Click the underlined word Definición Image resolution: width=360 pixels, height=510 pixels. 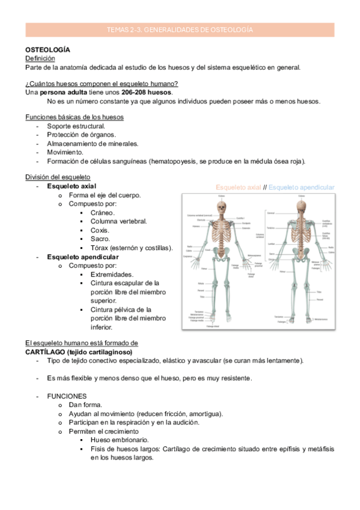coord(40,58)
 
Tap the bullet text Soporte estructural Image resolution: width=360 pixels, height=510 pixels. coord(76,126)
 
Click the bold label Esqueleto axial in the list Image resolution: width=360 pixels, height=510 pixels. coord(72,187)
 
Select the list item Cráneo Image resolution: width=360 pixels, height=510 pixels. coord(103,213)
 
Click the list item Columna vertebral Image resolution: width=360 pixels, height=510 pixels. coord(118,221)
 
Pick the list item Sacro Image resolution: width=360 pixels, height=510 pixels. coord(100,239)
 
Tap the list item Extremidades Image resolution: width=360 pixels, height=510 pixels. coord(112,274)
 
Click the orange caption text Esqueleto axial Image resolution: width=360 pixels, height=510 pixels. coord(238,188)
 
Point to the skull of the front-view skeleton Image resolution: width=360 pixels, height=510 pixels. coord(223,207)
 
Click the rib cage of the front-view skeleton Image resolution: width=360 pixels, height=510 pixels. coord(223,232)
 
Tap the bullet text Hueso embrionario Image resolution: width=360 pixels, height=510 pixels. coord(120,440)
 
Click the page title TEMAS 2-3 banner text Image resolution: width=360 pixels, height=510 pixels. coord(180,29)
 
